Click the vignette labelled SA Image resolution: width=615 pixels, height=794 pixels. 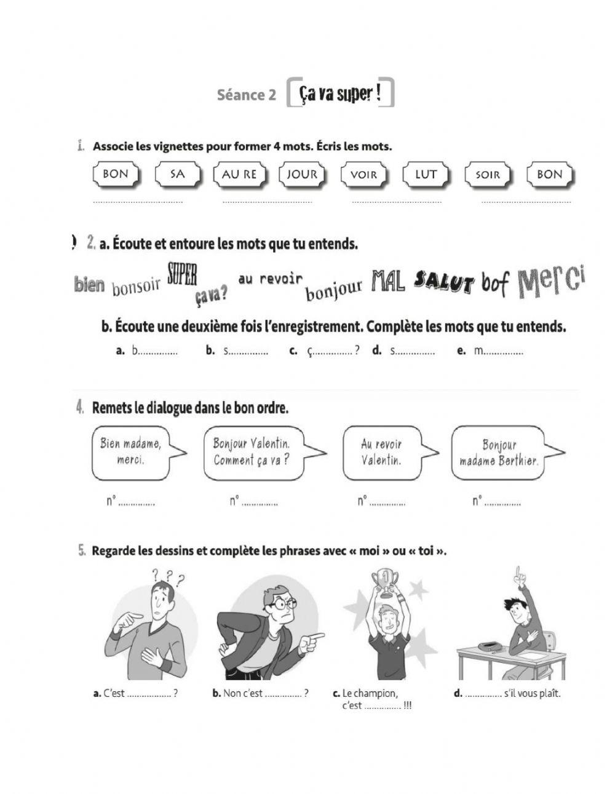pyautogui.click(x=177, y=174)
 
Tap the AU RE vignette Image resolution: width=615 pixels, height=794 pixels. pyautogui.click(x=239, y=174)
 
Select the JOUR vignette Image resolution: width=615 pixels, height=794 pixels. pyautogui.click(x=302, y=174)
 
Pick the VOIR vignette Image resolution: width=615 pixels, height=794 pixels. pyautogui.click(x=363, y=175)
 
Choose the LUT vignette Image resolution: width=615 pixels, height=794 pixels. pyautogui.click(x=426, y=174)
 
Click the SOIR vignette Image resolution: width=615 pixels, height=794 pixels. pyautogui.click(x=488, y=175)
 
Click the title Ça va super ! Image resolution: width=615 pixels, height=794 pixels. pyautogui.click(x=339, y=93)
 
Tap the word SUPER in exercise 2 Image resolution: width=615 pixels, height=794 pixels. pyautogui.click(x=182, y=274)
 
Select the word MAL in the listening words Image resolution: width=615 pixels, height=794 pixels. pyautogui.click(x=388, y=282)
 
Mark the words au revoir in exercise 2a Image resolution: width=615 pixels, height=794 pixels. pyautogui.click(x=270, y=279)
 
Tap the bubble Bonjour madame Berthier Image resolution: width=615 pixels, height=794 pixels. pyautogui.click(x=499, y=453)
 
